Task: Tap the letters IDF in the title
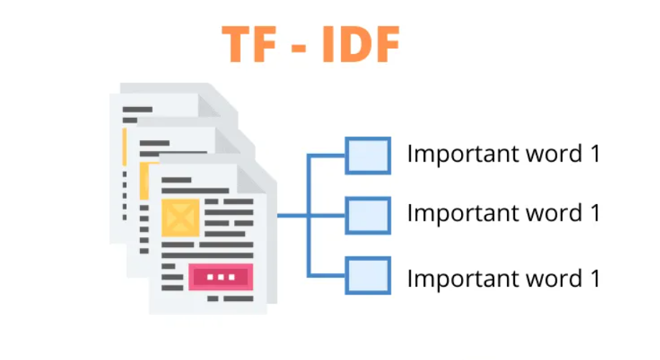pos(358,45)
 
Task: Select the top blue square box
pos(368,155)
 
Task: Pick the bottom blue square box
pos(368,275)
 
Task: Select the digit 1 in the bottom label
pos(594,277)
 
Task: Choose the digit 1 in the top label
pos(594,154)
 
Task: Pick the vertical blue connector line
pos(309,215)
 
